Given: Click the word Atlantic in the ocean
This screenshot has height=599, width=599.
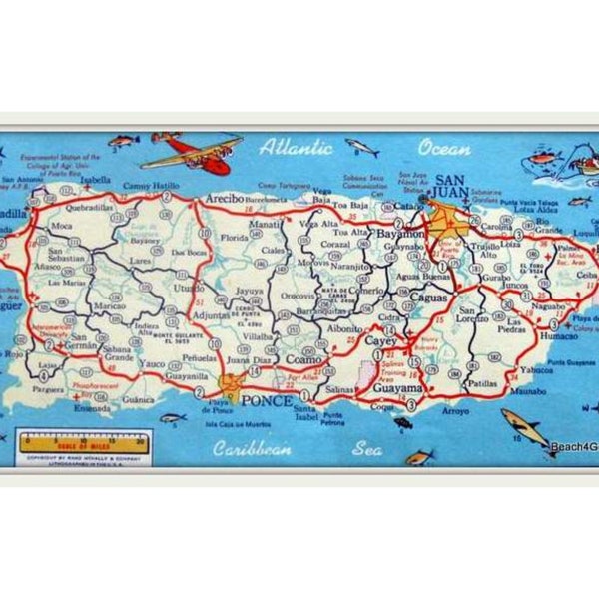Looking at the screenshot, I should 296,148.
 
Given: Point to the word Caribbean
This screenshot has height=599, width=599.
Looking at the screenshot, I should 252,448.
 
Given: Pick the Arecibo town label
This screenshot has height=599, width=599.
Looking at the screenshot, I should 223,199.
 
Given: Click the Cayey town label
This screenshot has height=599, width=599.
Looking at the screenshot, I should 379,340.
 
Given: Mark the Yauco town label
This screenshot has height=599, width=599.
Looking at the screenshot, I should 153,364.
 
